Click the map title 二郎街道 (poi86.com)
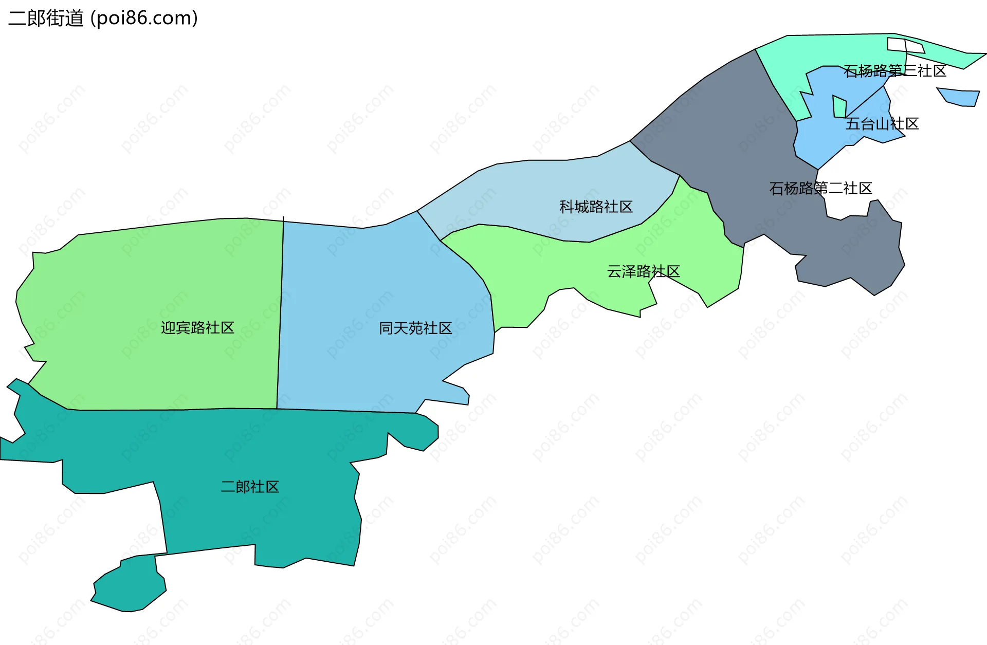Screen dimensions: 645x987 pyautogui.click(x=103, y=19)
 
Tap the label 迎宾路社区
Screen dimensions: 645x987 pyautogui.click(x=197, y=327)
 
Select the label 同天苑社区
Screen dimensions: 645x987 pyautogui.click(x=415, y=328)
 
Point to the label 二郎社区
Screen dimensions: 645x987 pyautogui.click(x=250, y=487)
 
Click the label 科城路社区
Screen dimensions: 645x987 pyautogui.click(x=596, y=207)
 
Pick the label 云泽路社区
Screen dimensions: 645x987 pyautogui.click(x=643, y=271)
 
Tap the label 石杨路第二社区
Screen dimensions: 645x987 pyautogui.click(x=820, y=188)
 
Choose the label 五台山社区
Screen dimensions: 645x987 pyautogui.click(x=882, y=124)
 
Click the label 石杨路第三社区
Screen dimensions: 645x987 pyautogui.click(x=895, y=70)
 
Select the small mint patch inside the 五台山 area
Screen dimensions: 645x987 pyautogui.click(x=839, y=107)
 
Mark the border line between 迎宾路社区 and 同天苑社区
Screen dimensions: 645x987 pyautogui.click(x=280, y=314)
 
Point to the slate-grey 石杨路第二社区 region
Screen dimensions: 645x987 pyautogui.click(x=720, y=128)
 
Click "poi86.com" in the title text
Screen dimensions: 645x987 pyautogui.click(x=144, y=19)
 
